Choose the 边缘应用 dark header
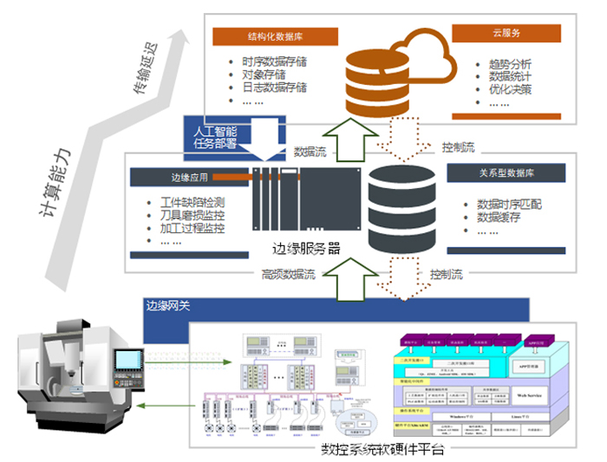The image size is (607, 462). pyautogui.click(x=186, y=177)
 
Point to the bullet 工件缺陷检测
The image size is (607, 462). pyautogui.click(x=192, y=204)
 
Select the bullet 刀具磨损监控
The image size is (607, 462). pyautogui.click(x=192, y=217)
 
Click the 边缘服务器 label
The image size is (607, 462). pyautogui.click(x=303, y=249)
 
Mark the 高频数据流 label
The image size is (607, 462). pyautogui.click(x=288, y=275)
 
